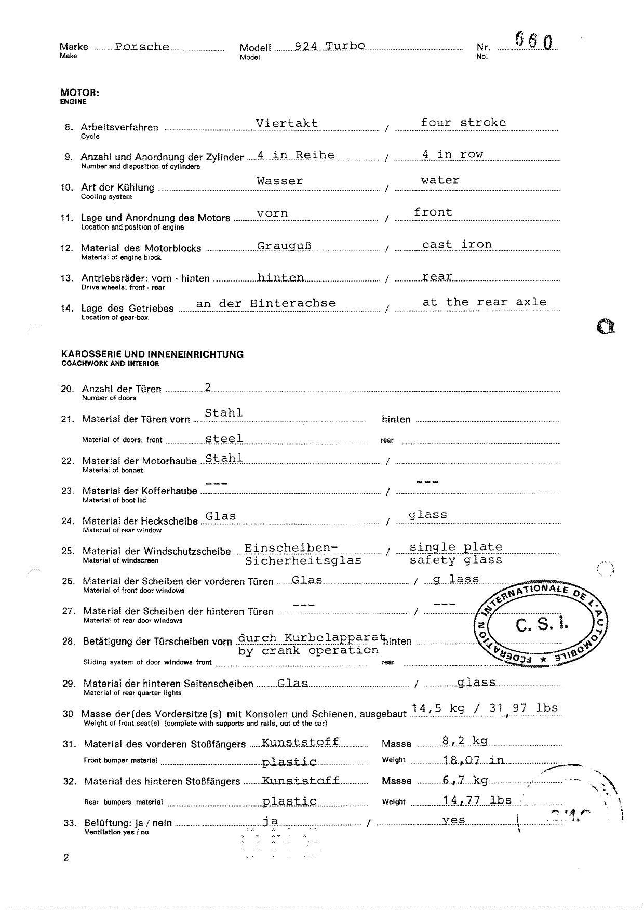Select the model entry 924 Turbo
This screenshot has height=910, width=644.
(330, 46)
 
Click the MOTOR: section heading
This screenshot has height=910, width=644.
(79, 93)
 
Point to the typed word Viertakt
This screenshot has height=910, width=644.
(287, 124)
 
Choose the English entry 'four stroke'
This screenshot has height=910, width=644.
(463, 123)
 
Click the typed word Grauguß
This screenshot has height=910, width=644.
(284, 245)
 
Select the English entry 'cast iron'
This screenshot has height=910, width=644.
(457, 244)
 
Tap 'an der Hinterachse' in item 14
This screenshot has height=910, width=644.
(265, 303)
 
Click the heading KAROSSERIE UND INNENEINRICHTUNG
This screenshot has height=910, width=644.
(152, 354)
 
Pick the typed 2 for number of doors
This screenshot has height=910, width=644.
(208, 386)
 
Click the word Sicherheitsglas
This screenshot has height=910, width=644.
(303, 561)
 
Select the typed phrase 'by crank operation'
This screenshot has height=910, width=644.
(308, 651)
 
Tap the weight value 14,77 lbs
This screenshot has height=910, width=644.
(477, 800)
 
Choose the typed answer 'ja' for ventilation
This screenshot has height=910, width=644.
(271, 821)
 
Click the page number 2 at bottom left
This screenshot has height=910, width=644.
(66, 858)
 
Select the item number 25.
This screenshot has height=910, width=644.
(68, 551)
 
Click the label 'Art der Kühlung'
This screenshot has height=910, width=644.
(117, 188)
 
